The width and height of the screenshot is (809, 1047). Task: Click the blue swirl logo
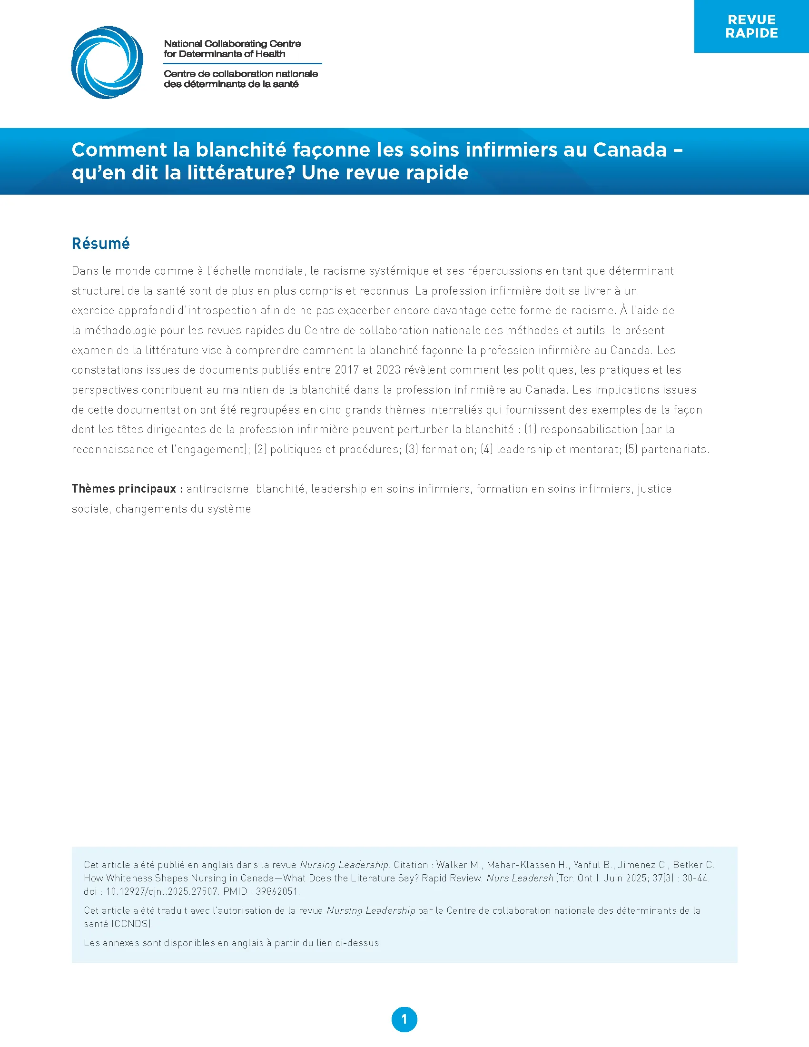coord(107,63)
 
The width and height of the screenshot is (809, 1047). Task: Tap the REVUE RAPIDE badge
coord(751,26)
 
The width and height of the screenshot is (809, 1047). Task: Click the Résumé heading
coord(100,244)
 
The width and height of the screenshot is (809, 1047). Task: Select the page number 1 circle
coord(404,1020)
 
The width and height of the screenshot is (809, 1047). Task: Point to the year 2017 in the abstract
coord(346,370)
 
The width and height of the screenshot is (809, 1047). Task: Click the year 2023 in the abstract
coord(388,370)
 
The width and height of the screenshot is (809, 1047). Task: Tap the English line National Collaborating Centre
coord(232,44)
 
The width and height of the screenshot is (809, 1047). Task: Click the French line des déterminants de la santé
coord(231,84)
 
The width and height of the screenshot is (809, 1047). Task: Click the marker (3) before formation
coord(412,450)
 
